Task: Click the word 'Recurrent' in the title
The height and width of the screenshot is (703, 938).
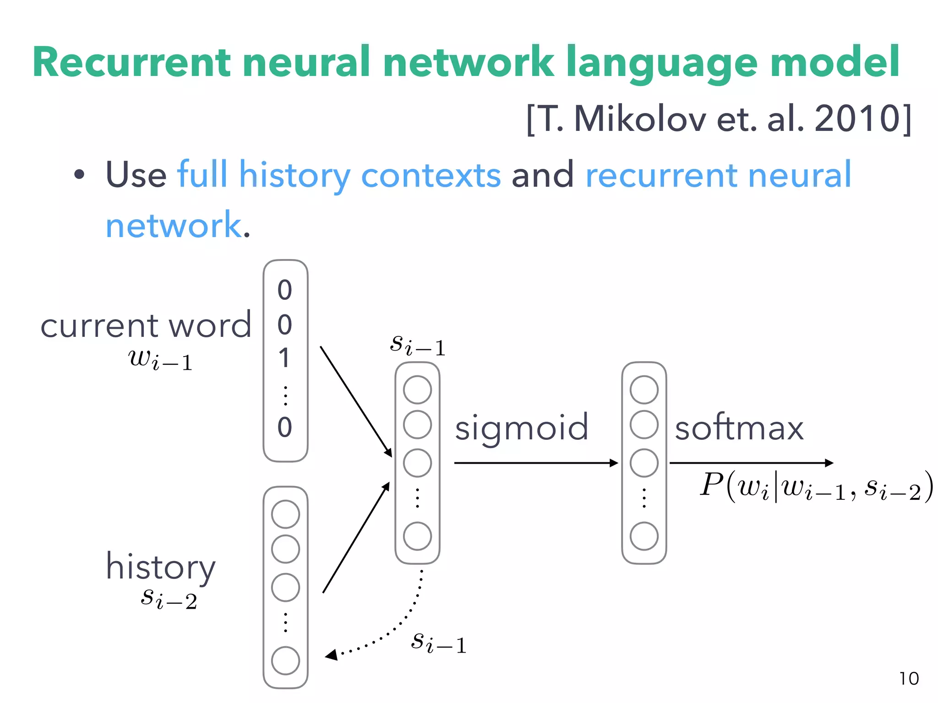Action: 131,63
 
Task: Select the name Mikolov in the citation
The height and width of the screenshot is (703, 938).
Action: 640,119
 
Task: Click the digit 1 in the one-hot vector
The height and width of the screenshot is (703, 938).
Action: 284,358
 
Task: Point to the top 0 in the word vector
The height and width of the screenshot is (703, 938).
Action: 284,290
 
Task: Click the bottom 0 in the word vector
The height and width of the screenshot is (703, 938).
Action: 284,427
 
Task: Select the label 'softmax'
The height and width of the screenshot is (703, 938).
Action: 739,428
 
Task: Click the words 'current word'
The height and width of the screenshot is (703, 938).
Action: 146,326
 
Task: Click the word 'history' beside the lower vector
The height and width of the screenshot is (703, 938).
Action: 160,567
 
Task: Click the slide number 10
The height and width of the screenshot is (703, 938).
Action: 909,678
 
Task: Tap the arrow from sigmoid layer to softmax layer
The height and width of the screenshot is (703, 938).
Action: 536,463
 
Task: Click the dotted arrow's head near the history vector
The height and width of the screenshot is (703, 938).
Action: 331,655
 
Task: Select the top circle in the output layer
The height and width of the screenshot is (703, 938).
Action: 644,389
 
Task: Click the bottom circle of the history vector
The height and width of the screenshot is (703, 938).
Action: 285,660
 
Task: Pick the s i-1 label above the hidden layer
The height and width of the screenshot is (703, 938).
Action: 417,345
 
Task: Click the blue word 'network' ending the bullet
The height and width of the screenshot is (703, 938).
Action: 173,225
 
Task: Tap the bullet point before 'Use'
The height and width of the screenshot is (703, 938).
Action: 79,174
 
